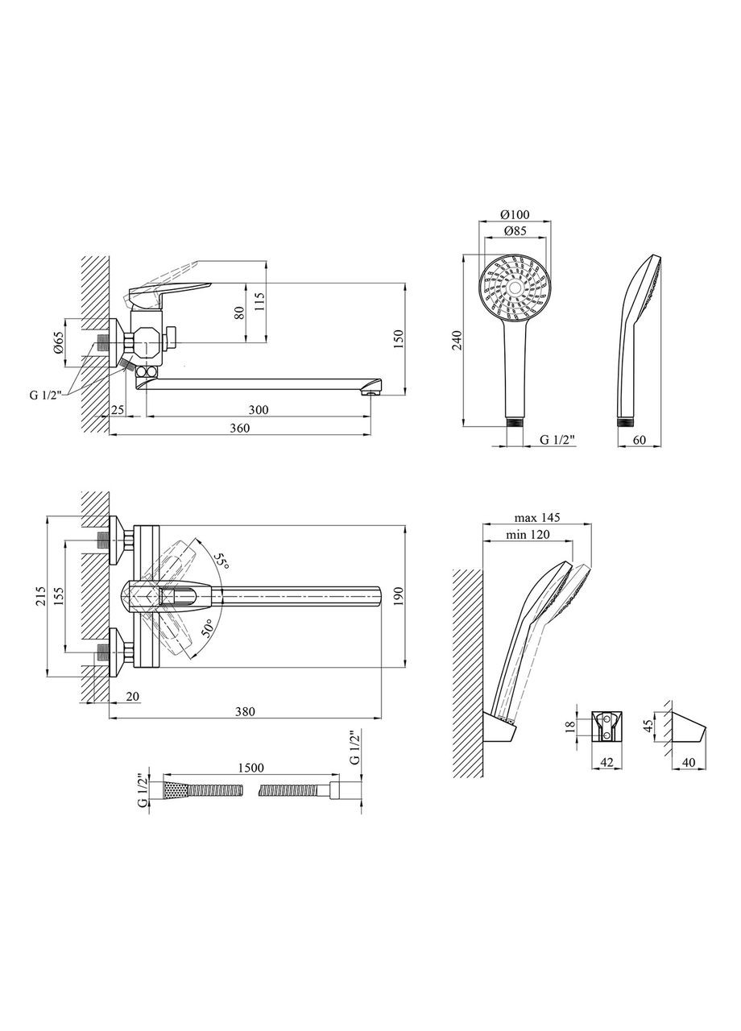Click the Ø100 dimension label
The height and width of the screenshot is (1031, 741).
[515, 215]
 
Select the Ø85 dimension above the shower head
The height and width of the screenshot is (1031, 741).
[515, 232]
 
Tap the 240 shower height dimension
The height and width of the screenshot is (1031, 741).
[457, 341]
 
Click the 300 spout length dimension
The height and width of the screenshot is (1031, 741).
[258, 410]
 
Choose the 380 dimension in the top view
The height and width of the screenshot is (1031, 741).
[245, 711]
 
